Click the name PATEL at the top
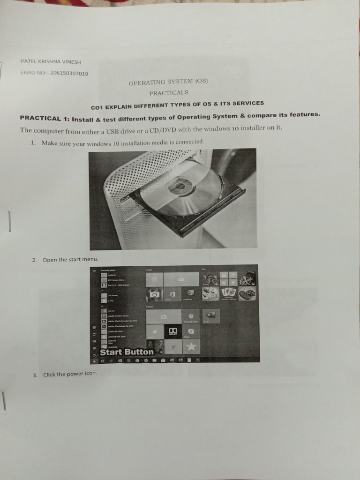point(29,61)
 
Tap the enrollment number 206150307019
point(69,73)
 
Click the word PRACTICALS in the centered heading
point(169,92)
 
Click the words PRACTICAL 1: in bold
point(40,118)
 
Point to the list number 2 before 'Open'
point(34,260)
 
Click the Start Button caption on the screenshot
point(127,352)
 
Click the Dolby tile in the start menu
point(173,331)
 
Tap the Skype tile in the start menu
point(191,331)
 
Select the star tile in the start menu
point(191,347)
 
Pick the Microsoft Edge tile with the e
point(191,316)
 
